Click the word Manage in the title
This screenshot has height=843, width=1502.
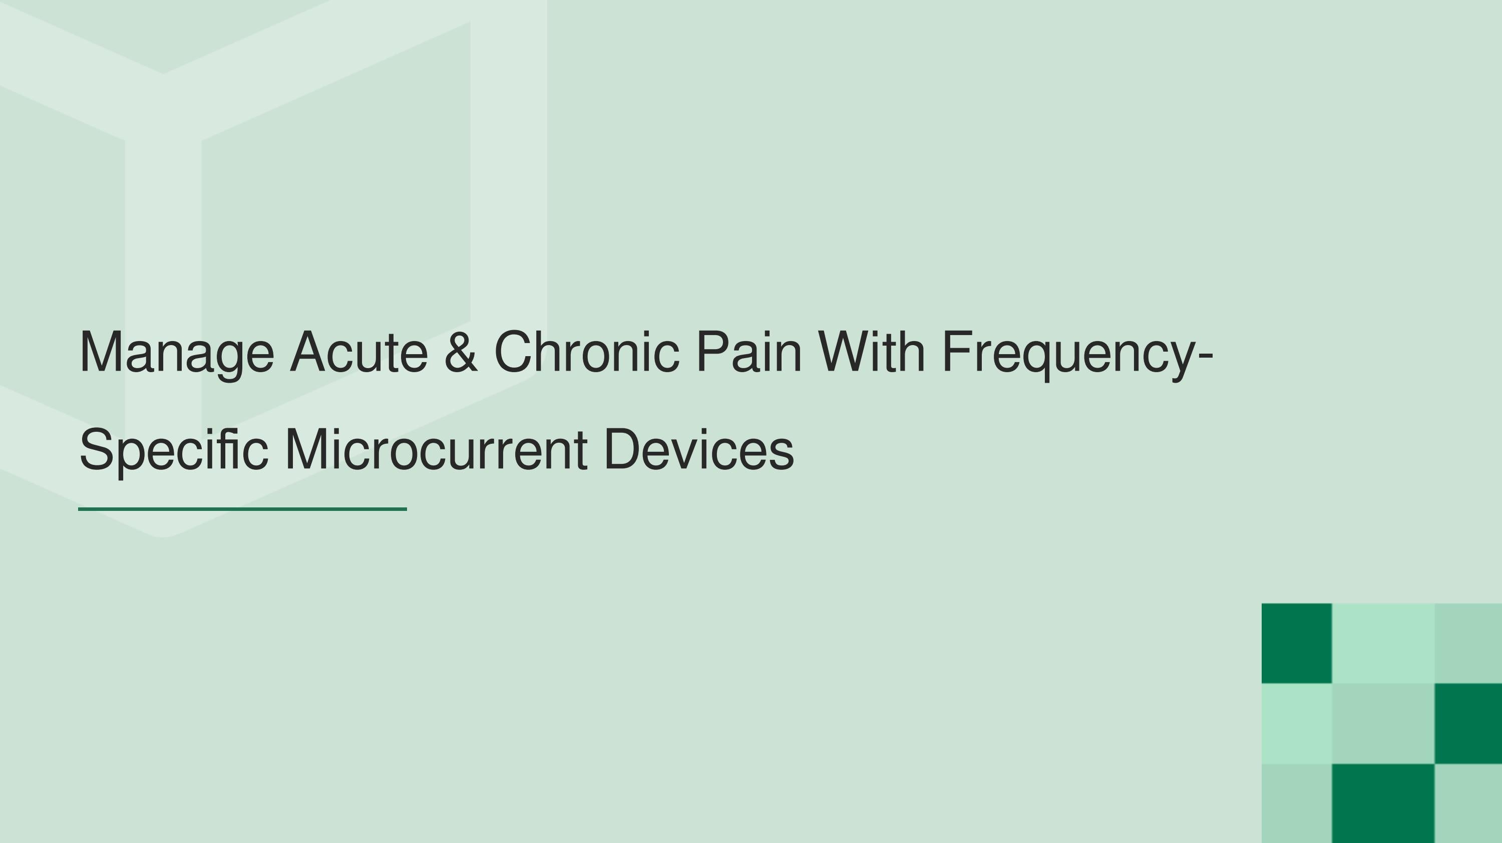176,352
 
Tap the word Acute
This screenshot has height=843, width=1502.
358,352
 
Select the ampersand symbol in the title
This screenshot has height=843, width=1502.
461,352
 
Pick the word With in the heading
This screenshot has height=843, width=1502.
871,352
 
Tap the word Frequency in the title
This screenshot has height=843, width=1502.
1070,352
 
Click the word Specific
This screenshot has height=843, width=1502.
173,450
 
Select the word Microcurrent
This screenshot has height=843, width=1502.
436,450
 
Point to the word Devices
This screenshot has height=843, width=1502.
698,450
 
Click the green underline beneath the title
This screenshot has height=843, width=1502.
242,509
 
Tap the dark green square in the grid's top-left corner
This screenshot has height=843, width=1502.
1296,643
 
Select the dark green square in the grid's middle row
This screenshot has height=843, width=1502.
1467,723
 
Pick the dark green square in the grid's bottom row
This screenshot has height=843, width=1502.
1382,803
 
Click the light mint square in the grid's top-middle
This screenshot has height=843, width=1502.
1382,643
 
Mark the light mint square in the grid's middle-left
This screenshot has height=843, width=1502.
1296,723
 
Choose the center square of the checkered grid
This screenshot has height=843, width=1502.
1382,723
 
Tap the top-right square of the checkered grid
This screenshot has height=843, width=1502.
1467,643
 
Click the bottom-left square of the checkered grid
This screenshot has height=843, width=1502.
1296,803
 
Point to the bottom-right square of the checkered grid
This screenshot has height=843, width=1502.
1467,803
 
